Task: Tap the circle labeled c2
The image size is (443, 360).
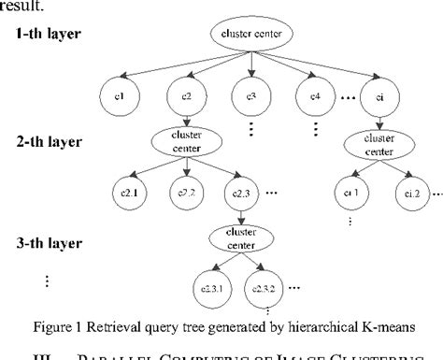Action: coord(187,95)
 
